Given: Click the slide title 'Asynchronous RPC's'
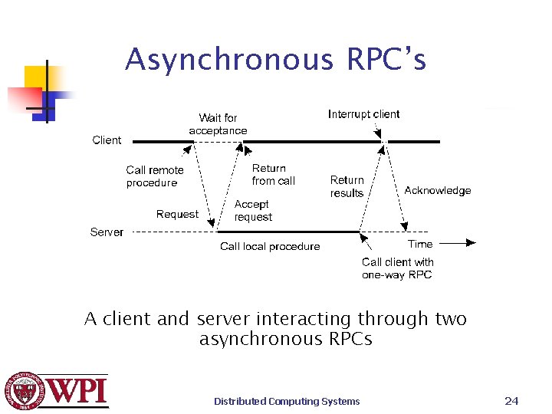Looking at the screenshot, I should pos(275,59).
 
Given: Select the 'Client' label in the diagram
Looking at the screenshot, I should pos(107,140).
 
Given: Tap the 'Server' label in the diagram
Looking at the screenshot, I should pos(107,232).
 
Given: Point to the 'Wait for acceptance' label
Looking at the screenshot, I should pos(218,124).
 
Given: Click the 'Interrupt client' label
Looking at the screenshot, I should pos(363,114).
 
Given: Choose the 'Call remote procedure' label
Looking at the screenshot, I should pos(155,176).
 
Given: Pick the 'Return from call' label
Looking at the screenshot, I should pos(273,175).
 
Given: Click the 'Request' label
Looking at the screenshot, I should pos(177,215).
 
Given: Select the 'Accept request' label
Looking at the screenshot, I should pos(252,211).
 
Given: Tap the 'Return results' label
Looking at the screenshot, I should pos(347,186).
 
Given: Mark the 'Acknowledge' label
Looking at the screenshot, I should pos(437,190).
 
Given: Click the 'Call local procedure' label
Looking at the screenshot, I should pos(270,246).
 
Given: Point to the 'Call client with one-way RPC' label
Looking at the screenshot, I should pos(397,268).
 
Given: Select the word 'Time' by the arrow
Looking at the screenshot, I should pos(420,244).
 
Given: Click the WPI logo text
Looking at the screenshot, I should pos(79,391).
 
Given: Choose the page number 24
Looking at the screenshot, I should pos(511,400).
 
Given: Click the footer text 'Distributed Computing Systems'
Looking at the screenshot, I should pos(287,401).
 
